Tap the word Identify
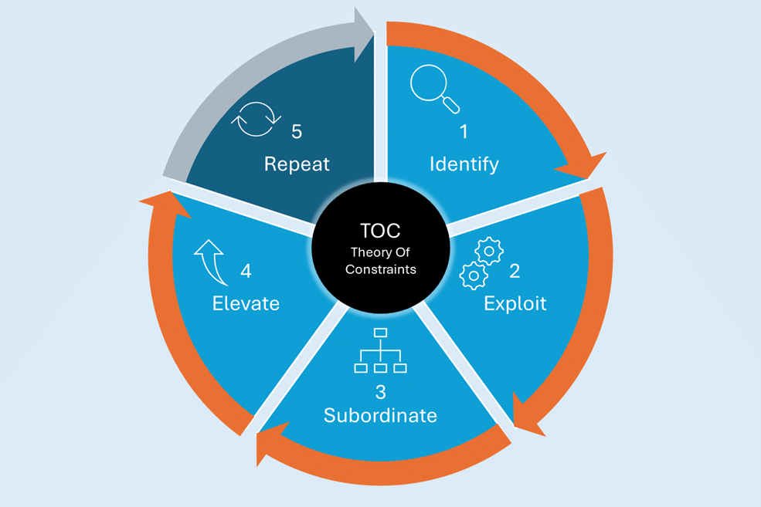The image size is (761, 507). tap(464, 164)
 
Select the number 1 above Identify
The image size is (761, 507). tap(464, 132)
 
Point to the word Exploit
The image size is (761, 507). tap(515, 303)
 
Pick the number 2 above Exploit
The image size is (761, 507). tap(515, 271)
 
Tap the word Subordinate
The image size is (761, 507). tap(380, 415)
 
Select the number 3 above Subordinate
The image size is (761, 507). tap(380, 390)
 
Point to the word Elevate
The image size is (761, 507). tap(246, 303)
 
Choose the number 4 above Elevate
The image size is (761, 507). tap(246, 271)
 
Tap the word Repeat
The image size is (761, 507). tap(297, 164)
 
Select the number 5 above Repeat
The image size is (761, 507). tap(297, 132)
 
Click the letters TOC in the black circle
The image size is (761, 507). tap(380, 231)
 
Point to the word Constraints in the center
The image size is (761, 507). tap(380, 269)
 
